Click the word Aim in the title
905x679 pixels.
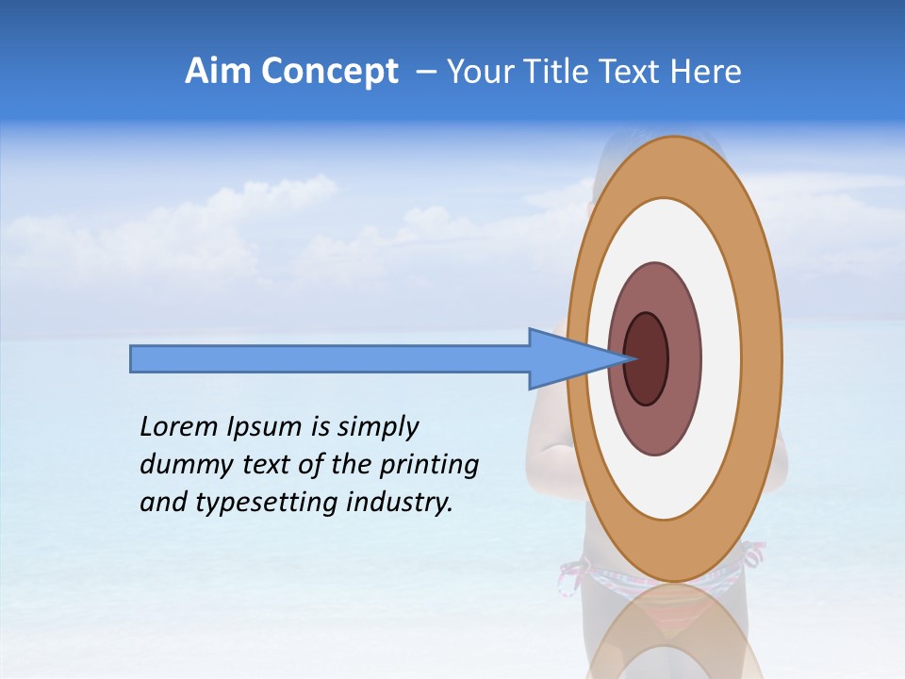[x=220, y=72]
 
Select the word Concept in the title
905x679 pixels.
[x=330, y=72]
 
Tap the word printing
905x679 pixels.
[x=428, y=465]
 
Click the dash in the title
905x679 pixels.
[x=425, y=72]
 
